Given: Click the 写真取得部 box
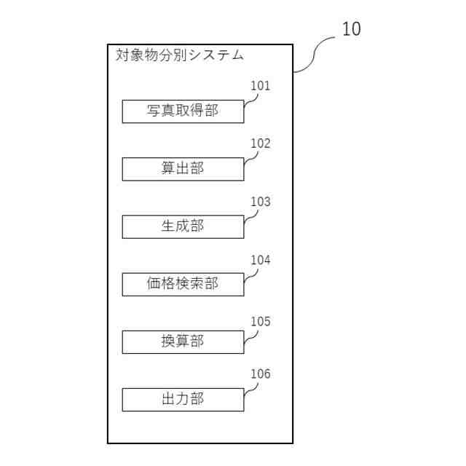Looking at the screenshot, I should pos(183,111).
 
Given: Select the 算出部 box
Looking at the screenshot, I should pos(183,169).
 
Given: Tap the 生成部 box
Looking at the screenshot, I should pos(183,226).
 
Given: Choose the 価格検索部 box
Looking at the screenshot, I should pos(183,284).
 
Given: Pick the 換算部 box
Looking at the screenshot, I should pos(183,341).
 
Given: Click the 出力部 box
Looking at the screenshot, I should pos(183,399).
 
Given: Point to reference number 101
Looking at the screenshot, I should pos(260,86).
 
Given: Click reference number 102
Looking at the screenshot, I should pos(260,143).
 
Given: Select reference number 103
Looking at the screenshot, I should pos(260,202).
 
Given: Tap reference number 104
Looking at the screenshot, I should pos(260,260).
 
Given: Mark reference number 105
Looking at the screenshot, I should pos(260,321).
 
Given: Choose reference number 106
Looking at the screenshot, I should pos(260,374).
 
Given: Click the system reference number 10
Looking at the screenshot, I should pos(351,29).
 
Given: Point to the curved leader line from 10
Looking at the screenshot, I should pos(314,55).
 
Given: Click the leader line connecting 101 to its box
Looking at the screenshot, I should pos(250,101).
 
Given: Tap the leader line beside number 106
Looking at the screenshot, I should pos(250,390).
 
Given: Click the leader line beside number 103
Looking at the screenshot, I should pos(250,217).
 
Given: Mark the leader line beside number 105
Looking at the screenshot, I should pos(250,336).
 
